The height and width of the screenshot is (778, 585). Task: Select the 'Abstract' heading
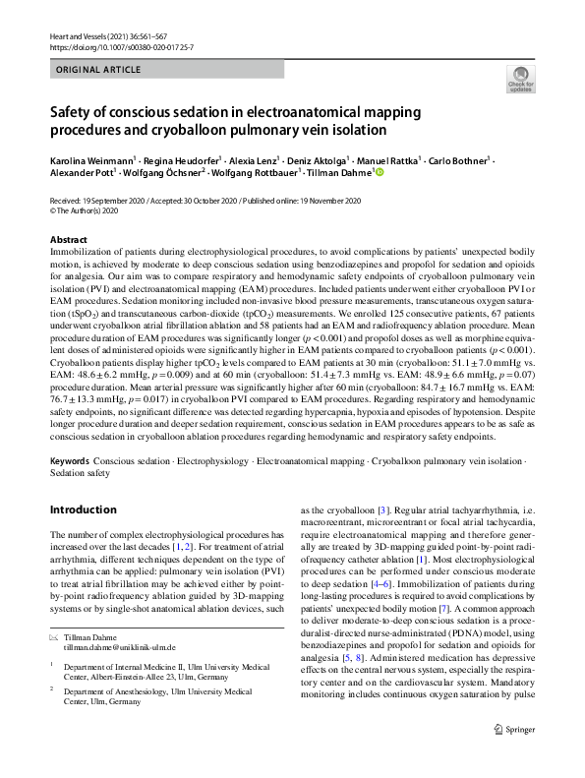coord(67,240)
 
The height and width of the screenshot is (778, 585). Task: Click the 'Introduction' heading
coord(83,509)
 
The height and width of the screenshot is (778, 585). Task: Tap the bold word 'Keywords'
coord(69,461)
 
